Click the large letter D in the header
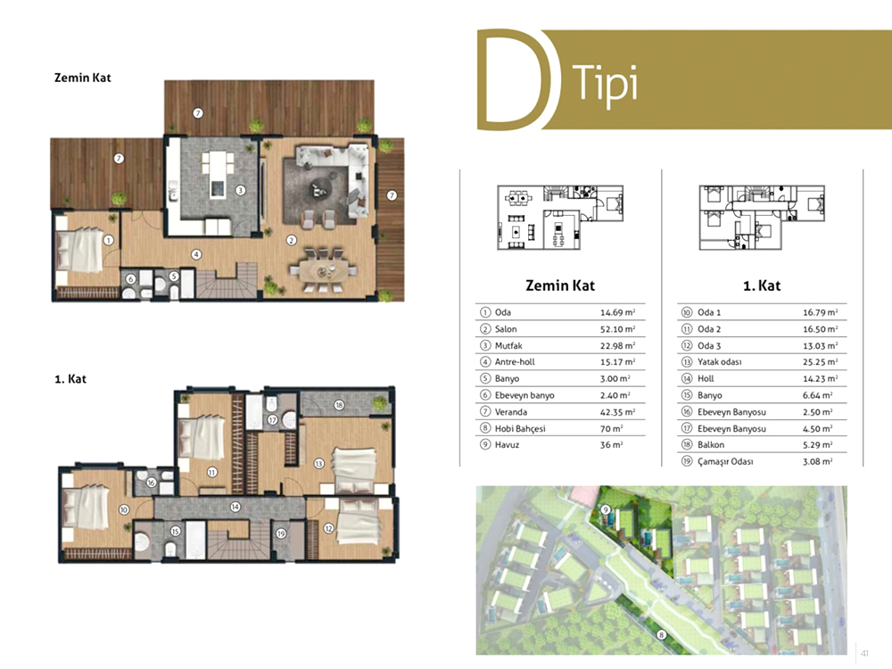click(481, 79)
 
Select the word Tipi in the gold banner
click(605, 84)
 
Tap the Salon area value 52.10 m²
click(618, 329)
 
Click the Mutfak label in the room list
click(508, 345)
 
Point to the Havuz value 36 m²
click(612, 445)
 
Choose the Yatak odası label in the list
click(720, 362)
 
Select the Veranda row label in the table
click(511, 412)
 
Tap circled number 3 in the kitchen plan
click(241, 191)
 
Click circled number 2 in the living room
click(292, 240)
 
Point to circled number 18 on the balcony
click(339, 405)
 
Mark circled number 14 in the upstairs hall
click(235, 507)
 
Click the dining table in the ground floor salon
click(323, 269)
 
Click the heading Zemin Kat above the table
click(560, 285)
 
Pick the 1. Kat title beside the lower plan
click(70, 379)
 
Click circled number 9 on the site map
click(606, 509)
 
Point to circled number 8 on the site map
click(661, 635)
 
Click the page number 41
click(865, 654)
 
